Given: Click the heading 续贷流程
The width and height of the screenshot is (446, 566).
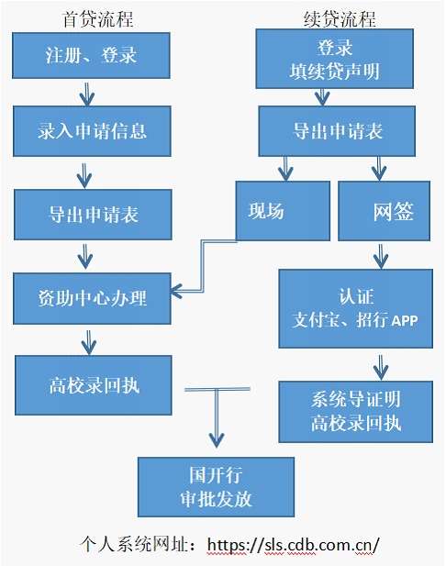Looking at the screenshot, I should (x=339, y=19).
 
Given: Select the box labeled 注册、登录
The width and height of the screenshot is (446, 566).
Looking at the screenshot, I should (x=91, y=55).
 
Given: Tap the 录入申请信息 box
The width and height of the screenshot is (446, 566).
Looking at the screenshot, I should (x=92, y=131).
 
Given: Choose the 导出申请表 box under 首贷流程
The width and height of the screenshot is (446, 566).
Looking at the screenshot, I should (x=93, y=215).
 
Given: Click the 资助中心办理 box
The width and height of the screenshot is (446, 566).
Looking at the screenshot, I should (x=92, y=297).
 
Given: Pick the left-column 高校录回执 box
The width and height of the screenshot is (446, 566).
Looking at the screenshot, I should (x=93, y=384).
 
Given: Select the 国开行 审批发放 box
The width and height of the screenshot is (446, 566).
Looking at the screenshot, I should (x=216, y=486).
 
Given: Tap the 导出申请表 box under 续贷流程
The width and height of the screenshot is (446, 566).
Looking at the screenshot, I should (x=338, y=130).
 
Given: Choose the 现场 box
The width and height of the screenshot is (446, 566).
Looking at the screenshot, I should (x=283, y=211).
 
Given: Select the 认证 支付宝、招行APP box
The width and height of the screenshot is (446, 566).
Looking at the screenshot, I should (x=354, y=308).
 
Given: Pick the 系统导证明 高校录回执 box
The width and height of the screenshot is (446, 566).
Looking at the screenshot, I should (x=354, y=410).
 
